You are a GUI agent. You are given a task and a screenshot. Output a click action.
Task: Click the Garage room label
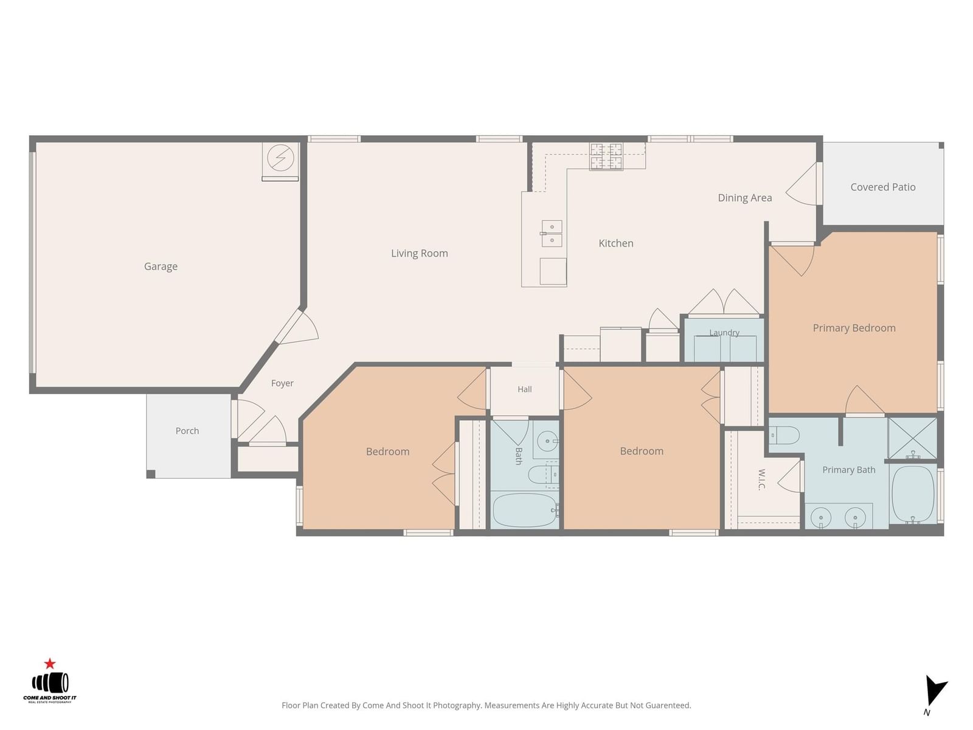pos(161,266)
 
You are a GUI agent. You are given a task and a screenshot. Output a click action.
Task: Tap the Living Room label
pos(419,253)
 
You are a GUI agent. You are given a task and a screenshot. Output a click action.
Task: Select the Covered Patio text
pos(882,187)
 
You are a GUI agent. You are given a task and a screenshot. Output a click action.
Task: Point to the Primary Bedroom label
pos(853,328)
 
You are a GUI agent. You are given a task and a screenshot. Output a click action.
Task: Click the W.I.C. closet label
pos(761,479)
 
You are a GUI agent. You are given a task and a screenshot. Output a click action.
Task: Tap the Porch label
pos(187,431)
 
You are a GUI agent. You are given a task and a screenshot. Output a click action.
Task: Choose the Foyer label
pos(282,383)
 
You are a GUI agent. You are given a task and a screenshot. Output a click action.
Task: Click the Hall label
pos(524,389)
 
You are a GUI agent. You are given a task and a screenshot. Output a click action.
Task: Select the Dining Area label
pos(744,198)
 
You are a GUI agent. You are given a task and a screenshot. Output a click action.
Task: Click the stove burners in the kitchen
pos(606,156)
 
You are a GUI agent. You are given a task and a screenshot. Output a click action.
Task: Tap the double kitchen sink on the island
pos(552,234)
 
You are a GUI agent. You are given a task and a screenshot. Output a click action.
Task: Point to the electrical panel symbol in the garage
pos(280,158)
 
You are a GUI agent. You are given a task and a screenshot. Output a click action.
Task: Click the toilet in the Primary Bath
pos(783,435)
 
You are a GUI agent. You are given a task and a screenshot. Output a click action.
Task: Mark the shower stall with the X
pos(912,439)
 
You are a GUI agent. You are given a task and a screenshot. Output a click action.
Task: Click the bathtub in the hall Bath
pos(525,510)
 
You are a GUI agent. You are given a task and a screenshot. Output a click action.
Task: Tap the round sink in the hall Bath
pos(547,441)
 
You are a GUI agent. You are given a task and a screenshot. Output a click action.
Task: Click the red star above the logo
pos(50,664)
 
